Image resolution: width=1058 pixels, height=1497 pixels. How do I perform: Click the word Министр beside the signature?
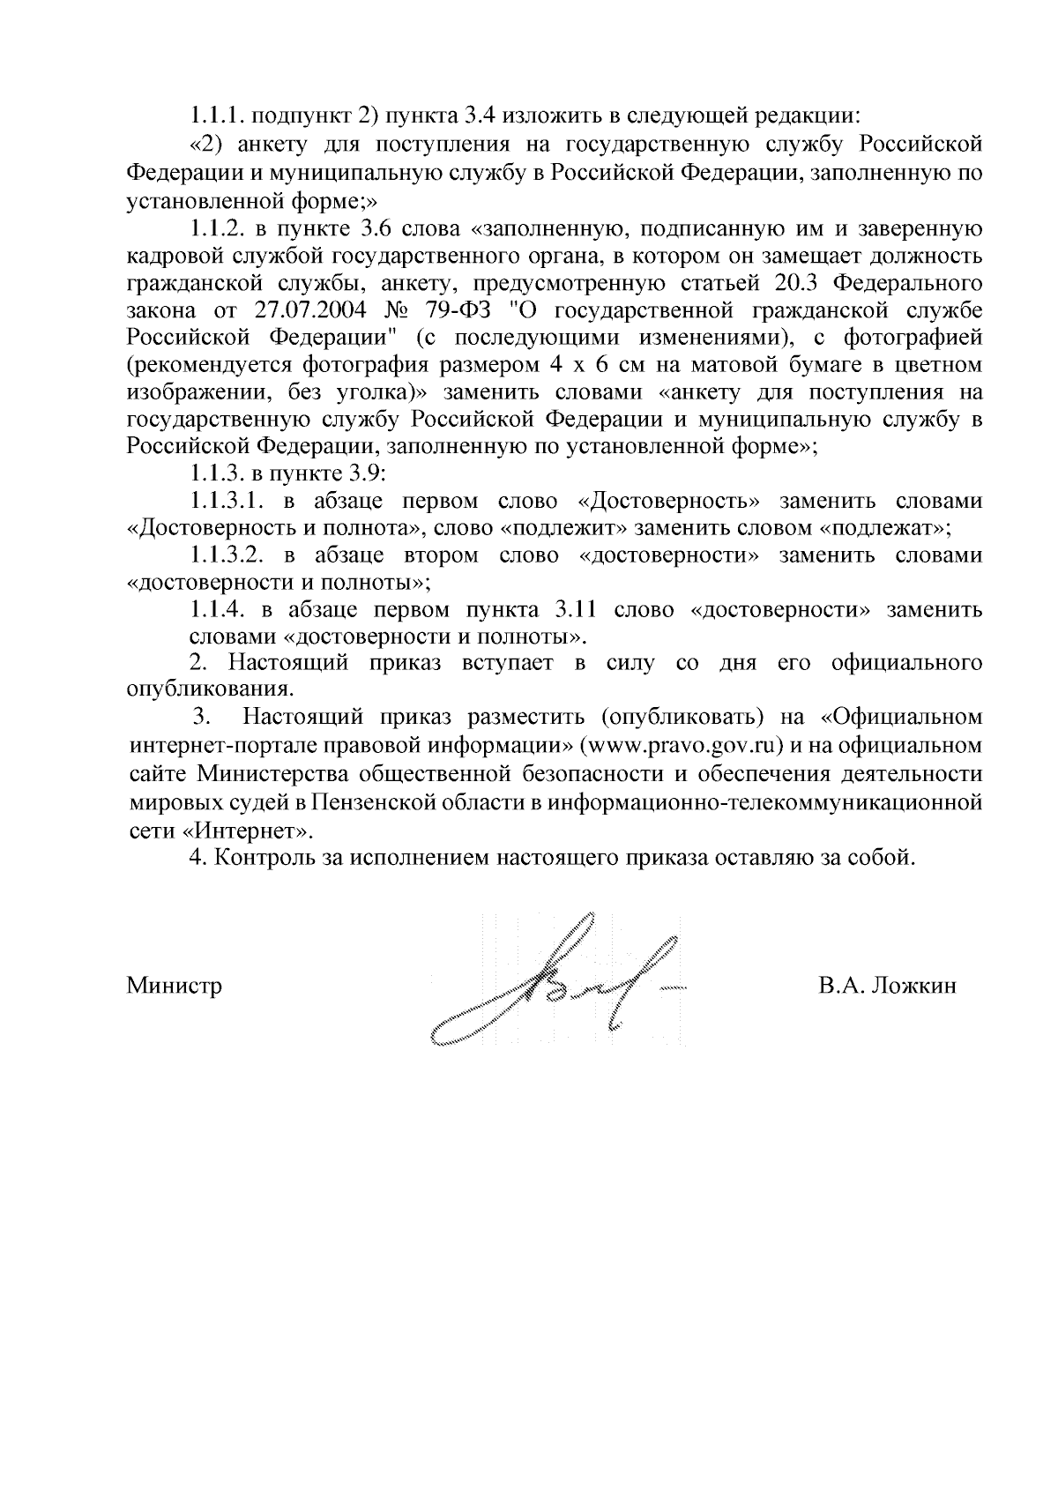tap(175, 985)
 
